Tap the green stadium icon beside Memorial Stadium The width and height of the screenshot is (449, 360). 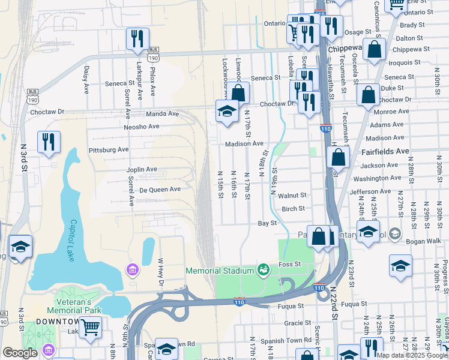coord(263,271)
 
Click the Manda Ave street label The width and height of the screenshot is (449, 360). coord(163,113)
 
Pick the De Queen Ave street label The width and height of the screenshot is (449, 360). coord(160,189)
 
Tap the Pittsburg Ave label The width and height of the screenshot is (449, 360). coord(109,149)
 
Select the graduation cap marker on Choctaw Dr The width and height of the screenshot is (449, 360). coord(227,111)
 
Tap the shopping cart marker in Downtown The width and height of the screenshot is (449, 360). coord(90,328)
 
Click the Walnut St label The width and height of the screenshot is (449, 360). coord(292,195)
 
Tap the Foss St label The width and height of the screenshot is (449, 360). coord(289,265)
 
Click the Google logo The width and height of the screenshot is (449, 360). coord(20,353)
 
